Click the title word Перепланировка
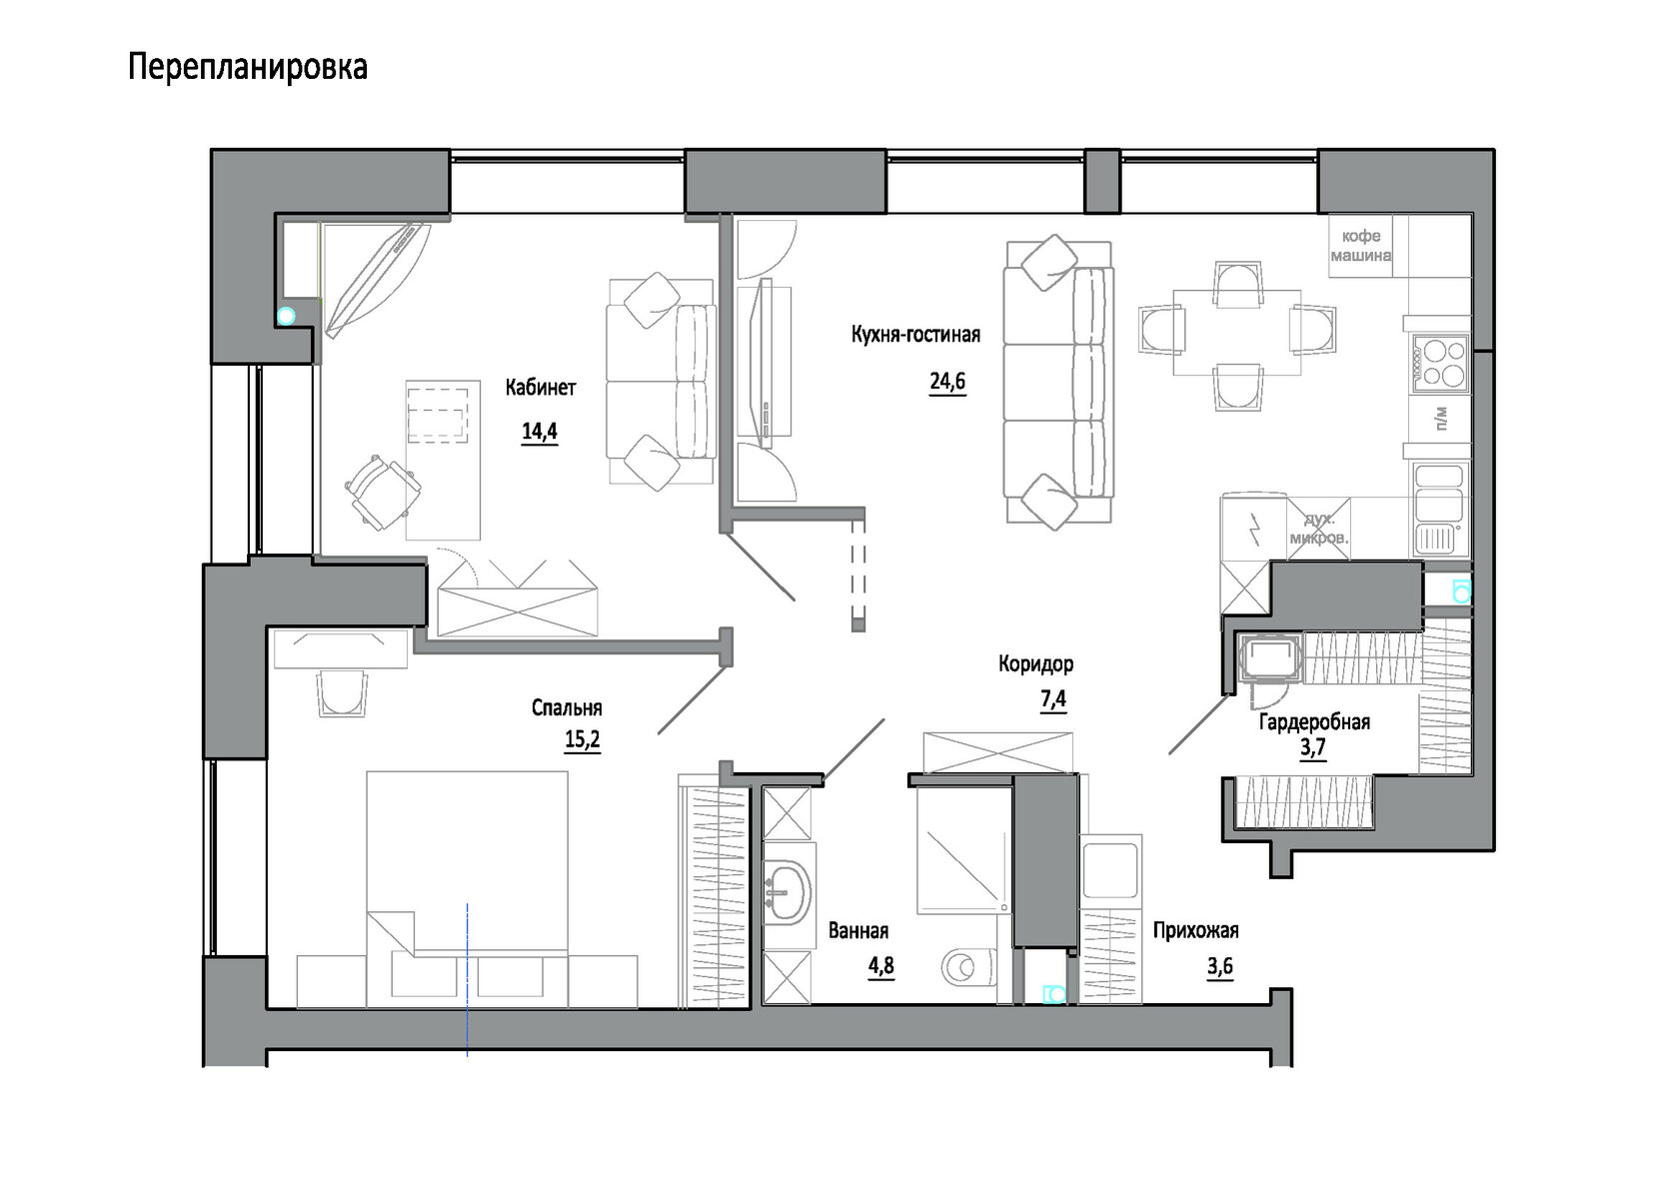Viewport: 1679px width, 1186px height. coord(248,67)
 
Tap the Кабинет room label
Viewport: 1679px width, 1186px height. coord(541,388)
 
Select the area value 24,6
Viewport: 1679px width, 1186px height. coord(947,382)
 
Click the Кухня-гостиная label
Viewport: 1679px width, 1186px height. coord(915,334)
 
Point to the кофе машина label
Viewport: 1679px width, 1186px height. coord(1360,246)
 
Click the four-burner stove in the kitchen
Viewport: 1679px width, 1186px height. coord(1440,364)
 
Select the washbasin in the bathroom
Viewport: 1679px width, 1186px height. coord(789,893)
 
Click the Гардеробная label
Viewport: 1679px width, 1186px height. coord(1315,722)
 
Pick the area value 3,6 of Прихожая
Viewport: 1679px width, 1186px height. coord(1219,966)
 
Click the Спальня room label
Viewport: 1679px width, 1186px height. coord(567,708)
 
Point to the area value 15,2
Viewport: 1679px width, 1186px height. coord(583,740)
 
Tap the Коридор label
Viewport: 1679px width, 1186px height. coord(1035,663)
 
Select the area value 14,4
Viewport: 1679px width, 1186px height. coord(540,432)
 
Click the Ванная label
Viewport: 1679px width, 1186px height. coord(858,931)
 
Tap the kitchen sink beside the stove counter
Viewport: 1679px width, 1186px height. coord(1439,509)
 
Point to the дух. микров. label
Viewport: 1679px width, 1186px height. coord(1319,529)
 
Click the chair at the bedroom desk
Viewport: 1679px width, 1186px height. coord(343,693)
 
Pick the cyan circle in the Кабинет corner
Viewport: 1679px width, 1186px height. coord(286,317)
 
